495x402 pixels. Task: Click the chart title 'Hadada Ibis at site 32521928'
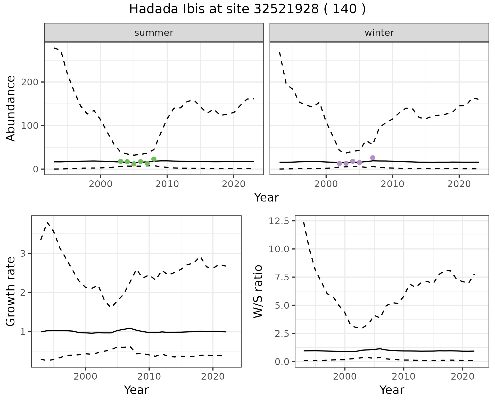click(247, 10)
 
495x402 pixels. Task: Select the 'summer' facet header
click(154, 33)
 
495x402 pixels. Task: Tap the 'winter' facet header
click(379, 33)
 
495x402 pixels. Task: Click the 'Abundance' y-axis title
click(11, 108)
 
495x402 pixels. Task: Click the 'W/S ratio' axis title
click(258, 291)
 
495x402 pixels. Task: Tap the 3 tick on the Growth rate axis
click(23, 254)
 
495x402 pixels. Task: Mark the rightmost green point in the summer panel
click(154, 159)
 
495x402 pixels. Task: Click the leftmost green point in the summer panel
click(121, 161)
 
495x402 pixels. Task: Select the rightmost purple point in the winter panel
click(373, 158)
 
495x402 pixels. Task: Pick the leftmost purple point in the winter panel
click(339, 163)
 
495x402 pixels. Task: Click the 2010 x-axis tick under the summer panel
click(167, 184)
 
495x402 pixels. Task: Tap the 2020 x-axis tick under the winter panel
click(459, 184)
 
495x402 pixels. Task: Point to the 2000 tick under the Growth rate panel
click(85, 376)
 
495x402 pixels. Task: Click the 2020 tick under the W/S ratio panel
click(463, 376)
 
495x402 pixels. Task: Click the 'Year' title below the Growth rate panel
click(136, 390)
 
